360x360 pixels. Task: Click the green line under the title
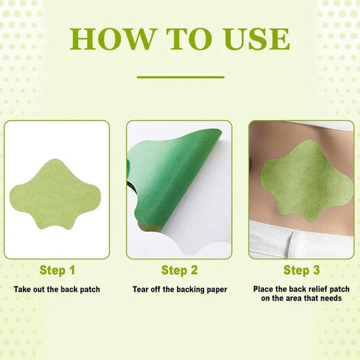pyautogui.click(x=180, y=77)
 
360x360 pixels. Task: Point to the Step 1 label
pyautogui.click(x=57, y=270)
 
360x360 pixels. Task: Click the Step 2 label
pyautogui.click(x=180, y=270)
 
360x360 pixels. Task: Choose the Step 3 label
pyautogui.click(x=301, y=270)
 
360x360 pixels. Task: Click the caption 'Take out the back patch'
pyautogui.click(x=57, y=290)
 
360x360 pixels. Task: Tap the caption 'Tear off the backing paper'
pyautogui.click(x=180, y=290)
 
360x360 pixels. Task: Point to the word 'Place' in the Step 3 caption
pyautogui.click(x=264, y=288)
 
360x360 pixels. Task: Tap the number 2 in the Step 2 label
pyautogui.click(x=194, y=270)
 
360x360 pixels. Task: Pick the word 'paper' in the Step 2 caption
pyautogui.click(x=215, y=290)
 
